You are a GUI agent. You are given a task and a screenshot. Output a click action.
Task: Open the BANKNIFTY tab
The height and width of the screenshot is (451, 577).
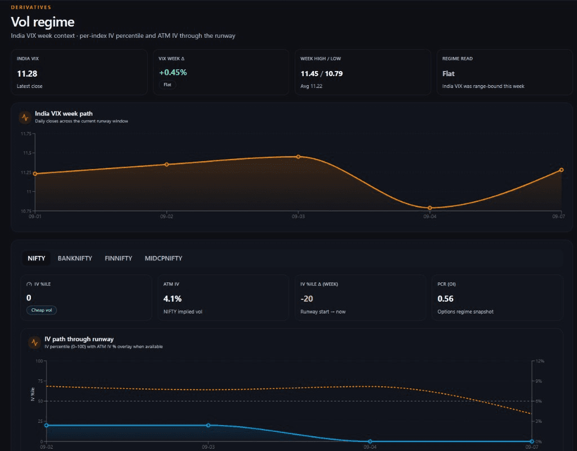coord(75,258)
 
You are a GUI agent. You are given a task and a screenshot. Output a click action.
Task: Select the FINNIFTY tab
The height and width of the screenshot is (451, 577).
coord(118,258)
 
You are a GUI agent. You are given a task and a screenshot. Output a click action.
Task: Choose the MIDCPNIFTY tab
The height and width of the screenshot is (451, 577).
coord(163,258)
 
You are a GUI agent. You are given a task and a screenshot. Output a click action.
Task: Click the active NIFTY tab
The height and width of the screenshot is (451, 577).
coord(37,258)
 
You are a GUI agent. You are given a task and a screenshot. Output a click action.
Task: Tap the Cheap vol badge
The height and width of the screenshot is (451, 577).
coord(42,310)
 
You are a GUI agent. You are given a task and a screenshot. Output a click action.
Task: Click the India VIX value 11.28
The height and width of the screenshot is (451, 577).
coord(27,74)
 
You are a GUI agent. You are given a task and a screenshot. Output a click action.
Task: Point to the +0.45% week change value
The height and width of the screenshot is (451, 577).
coord(173,73)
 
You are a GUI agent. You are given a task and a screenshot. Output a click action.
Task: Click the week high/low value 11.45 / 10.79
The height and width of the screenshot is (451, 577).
coord(322,74)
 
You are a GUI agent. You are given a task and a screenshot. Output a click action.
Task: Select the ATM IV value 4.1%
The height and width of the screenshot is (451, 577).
coord(172,299)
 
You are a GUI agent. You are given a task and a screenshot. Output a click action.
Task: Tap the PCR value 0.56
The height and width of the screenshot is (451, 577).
coord(445,299)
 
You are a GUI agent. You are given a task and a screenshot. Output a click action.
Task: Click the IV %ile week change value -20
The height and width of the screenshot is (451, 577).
coord(307,299)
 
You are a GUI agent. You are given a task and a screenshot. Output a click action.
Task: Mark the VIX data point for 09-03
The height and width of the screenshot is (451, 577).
coord(299,157)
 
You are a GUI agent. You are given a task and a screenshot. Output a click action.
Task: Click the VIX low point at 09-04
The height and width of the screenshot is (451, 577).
coord(430,208)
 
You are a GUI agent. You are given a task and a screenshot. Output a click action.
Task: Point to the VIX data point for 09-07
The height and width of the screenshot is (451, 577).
coord(562,170)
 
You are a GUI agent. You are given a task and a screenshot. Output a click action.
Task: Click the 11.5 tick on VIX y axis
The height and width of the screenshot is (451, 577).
coord(27,153)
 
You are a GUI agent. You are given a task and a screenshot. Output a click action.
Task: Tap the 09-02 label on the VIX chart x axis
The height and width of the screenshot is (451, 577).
coord(167,216)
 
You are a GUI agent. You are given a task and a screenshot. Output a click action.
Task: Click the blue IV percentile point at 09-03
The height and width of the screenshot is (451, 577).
coord(208,425)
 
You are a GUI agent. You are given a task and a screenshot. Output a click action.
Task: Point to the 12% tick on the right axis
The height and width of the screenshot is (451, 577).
coord(540,361)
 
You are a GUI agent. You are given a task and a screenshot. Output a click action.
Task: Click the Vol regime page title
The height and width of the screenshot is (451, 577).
coord(43,22)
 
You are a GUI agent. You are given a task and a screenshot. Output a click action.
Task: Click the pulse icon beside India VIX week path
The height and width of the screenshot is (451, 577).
coord(25,117)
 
